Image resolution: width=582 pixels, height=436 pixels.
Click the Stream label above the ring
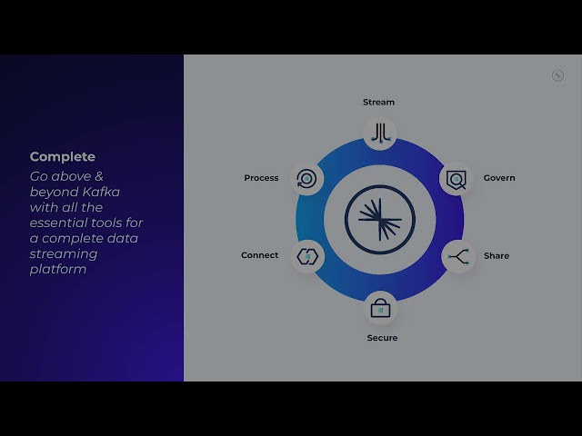[378, 103]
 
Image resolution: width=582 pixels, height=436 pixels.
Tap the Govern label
[499, 178]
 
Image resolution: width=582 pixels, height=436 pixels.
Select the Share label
[497, 256]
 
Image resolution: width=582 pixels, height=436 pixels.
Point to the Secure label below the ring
[382, 338]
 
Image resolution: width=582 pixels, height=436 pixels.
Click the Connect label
[260, 255]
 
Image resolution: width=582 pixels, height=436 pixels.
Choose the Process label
[261, 178]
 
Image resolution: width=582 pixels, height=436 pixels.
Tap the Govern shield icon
[455, 179]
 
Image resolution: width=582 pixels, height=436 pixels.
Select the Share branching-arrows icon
[457, 256]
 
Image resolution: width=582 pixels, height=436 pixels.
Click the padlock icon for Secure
[380, 308]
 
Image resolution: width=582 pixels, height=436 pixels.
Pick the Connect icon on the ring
[306, 256]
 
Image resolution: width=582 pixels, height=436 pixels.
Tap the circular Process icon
[306, 178]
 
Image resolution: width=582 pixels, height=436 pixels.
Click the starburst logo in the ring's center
[380, 218]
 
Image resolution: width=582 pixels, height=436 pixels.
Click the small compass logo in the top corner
[557, 75]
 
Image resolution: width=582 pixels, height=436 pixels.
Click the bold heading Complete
[63, 157]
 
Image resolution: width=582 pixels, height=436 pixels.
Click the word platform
[58, 270]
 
